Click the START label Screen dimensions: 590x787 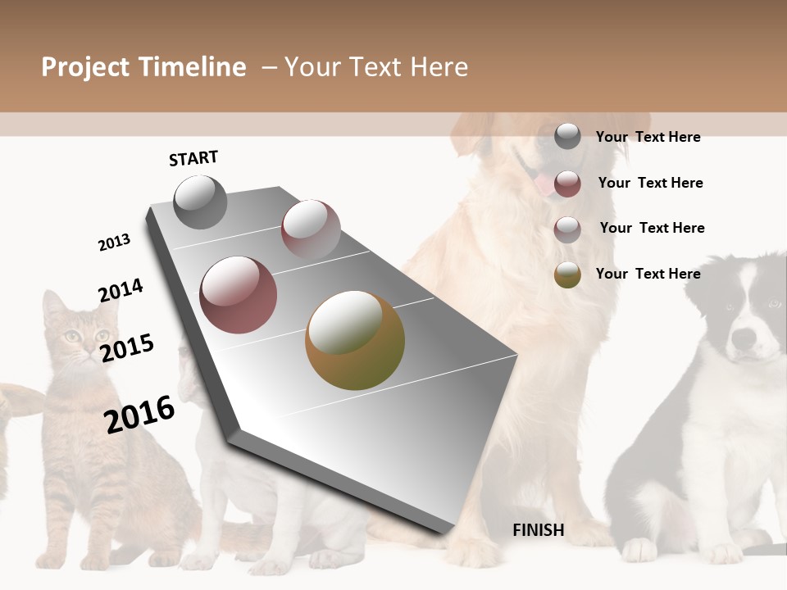point(193,158)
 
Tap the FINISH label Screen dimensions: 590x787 point(539,530)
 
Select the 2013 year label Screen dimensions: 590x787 point(114,243)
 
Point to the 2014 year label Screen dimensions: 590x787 point(121,290)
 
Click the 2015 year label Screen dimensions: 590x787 point(127,347)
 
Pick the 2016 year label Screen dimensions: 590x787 point(139,415)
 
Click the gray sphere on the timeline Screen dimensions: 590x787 point(200,202)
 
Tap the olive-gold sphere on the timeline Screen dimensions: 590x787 point(355,340)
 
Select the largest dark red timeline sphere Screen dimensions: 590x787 point(239,295)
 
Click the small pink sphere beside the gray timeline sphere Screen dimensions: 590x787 point(311,229)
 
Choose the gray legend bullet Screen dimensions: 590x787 point(567,137)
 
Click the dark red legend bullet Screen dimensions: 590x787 point(567,184)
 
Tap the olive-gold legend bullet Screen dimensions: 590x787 point(567,275)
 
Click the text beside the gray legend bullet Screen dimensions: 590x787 point(648,137)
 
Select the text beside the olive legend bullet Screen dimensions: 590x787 point(648,274)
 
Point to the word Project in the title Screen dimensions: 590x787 point(86,67)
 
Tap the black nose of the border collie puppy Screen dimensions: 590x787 point(744,337)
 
